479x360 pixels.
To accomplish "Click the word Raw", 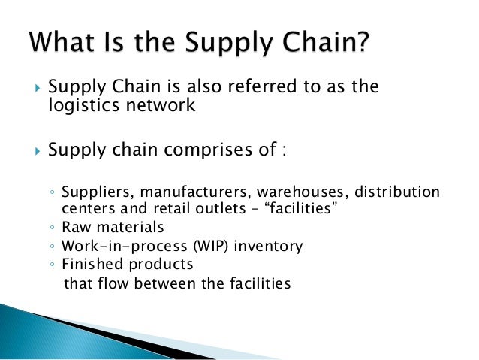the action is (74, 226).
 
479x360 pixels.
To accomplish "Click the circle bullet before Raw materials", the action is (52, 227).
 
